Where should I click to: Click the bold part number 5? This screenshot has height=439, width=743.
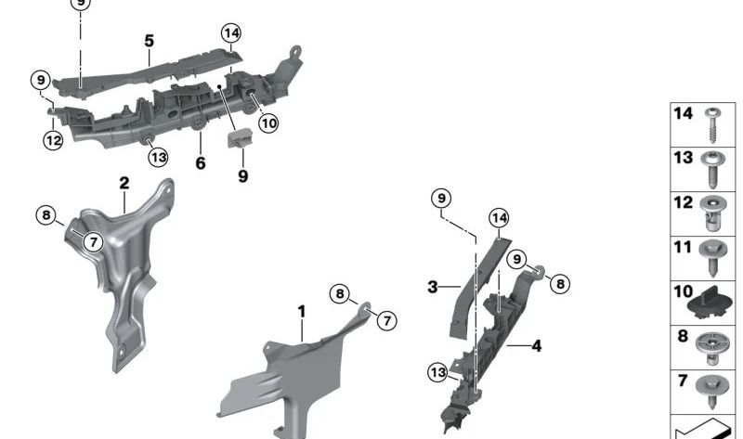(149, 41)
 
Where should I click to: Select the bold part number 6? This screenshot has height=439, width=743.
(200, 163)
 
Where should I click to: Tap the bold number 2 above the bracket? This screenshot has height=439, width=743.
(124, 183)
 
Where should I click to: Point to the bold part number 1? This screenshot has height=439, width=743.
(301, 310)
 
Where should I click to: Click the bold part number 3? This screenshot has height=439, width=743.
(432, 287)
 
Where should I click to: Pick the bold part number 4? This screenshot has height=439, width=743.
(537, 346)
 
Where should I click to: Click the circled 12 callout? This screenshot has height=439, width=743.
(53, 140)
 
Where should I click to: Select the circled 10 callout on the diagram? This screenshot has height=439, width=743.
(268, 123)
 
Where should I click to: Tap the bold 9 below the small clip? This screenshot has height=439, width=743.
(242, 174)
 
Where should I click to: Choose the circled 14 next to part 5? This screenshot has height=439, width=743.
(231, 34)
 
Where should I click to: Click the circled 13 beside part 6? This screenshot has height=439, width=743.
(158, 157)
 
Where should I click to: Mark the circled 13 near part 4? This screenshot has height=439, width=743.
(438, 372)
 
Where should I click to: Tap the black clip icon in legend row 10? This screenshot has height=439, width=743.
(711, 301)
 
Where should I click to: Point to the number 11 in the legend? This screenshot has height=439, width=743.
(684, 248)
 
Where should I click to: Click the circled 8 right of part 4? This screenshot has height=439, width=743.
(560, 284)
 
